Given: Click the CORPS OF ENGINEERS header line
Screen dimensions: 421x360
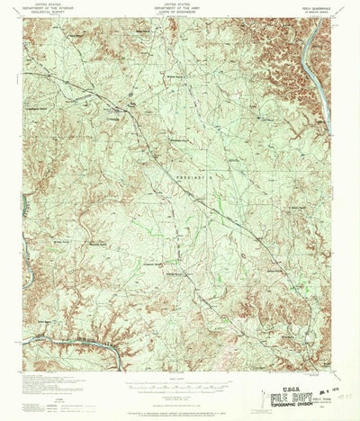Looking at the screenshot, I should pos(179,12).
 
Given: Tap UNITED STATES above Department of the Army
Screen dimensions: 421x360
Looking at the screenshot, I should pos(179,4).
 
